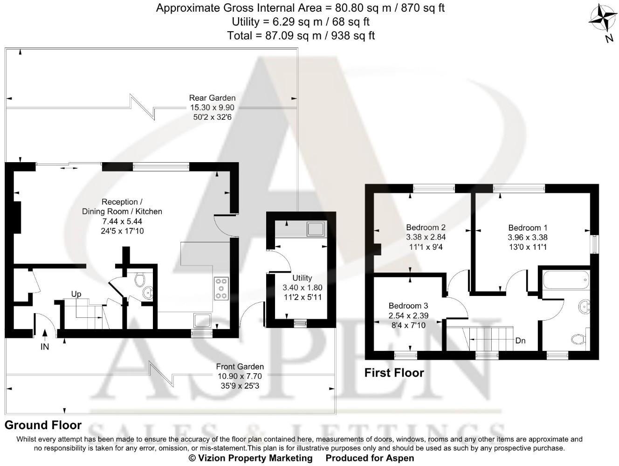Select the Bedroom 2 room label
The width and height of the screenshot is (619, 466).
coord(426,227)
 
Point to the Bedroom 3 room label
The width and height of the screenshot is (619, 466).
coord(408,306)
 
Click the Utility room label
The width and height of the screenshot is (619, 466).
coord(302,278)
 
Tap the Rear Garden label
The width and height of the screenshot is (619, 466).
coord(212,98)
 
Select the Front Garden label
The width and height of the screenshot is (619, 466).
coord(240,366)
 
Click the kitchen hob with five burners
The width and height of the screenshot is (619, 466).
coord(221,288)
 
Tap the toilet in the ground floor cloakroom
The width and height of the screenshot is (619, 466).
coord(139,280)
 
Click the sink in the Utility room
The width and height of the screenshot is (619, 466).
coord(316,229)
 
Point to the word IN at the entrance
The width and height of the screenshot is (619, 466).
coord(45,347)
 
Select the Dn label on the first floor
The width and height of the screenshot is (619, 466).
coord(520,341)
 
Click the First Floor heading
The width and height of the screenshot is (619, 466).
coord(394,373)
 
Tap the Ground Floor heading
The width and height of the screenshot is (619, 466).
coord(43,425)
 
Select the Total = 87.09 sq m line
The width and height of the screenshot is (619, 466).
coord(301,36)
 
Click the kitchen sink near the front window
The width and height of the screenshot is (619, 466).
coord(202,321)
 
